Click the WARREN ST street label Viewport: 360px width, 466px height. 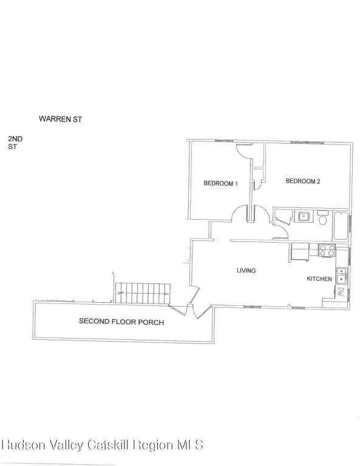[60, 119]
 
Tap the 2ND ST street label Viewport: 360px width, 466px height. [15, 143]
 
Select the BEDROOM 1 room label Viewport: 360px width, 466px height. [220, 183]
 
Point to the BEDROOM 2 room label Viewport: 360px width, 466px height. [303, 181]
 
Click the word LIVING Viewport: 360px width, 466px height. [246, 271]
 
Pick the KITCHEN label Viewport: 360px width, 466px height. [319, 279]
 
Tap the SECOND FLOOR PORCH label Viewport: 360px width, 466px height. [121, 322]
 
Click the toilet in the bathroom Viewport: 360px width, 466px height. [322, 218]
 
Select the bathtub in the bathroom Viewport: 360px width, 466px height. [341, 226]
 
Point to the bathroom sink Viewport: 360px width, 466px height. [302, 216]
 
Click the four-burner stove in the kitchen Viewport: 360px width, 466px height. [327, 250]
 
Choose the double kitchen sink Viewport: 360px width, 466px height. [341, 275]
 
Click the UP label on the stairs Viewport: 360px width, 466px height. [121, 293]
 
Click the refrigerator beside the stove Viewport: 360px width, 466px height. [300, 252]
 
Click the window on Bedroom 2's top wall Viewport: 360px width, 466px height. [307, 143]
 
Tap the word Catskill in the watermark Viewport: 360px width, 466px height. [108, 445]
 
